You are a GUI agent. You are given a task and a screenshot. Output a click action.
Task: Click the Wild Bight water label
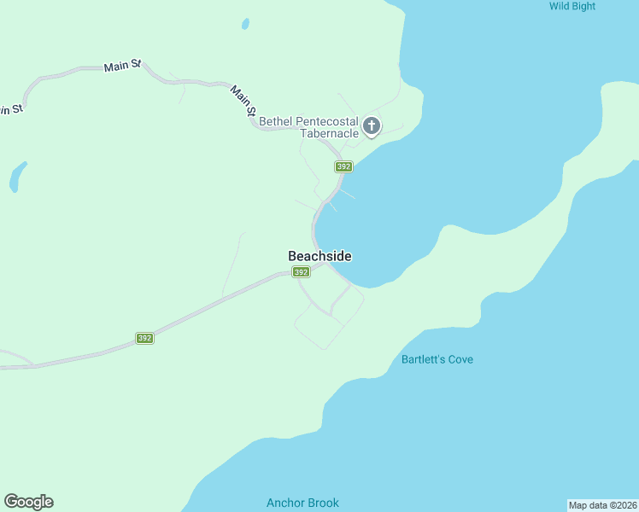point(572,6)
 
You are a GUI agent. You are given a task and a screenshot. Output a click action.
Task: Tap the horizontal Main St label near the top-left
point(122,66)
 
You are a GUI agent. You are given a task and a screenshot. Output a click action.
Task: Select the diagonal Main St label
point(243,100)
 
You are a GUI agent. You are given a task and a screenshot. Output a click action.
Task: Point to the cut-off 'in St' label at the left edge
point(9,108)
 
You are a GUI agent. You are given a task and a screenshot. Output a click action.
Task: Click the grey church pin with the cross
point(372,126)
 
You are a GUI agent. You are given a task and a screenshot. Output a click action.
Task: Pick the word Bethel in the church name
point(276,121)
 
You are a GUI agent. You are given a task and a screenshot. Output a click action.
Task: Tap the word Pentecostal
point(327,121)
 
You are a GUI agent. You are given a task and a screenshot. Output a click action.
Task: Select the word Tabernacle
point(329,133)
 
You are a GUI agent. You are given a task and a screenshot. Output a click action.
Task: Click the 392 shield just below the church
point(343,166)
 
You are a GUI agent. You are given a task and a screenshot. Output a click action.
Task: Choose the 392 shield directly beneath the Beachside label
point(301,272)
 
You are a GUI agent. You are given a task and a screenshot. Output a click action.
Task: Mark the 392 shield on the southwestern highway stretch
point(144,338)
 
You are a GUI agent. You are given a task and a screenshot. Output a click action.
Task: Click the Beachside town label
point(319,256)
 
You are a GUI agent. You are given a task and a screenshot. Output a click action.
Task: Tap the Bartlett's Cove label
point(437,359)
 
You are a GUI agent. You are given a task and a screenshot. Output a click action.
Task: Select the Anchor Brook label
point(302,503)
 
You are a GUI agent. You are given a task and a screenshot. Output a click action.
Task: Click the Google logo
point(29,502)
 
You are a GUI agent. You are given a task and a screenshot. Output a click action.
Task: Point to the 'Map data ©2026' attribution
point(602,505)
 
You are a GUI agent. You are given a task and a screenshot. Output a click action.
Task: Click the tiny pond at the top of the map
point(245,24)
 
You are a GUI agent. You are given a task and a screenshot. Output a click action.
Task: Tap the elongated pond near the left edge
point(16,177)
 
